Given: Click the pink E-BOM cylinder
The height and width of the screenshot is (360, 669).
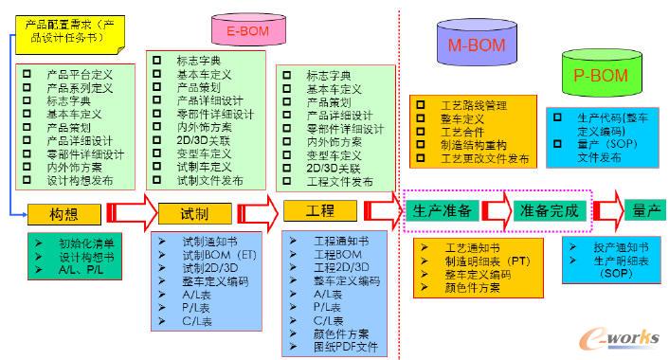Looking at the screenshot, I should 249,31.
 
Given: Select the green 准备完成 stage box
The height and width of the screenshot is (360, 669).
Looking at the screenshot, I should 549,209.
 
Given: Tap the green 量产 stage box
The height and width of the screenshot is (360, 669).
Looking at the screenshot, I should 647,209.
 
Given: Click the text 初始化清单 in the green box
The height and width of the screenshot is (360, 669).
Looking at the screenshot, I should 89,242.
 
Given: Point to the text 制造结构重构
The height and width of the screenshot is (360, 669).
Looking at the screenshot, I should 474,145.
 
